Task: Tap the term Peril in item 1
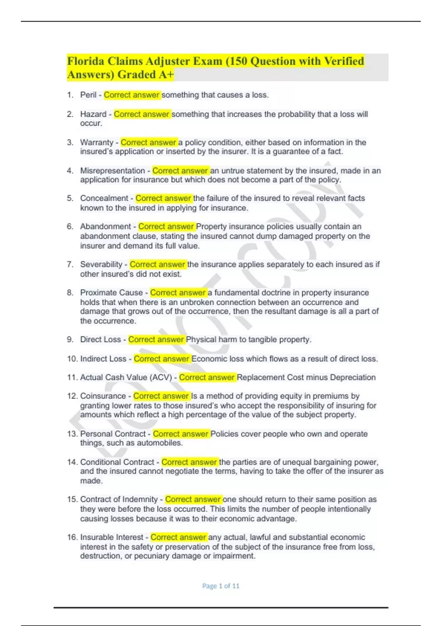(x=88, y=95)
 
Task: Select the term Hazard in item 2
(x=93, y=114)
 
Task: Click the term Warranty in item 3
(x=97, y=143)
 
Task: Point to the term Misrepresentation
(x=113, y=171)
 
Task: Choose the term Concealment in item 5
(x=104, y=198)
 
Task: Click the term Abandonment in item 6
(x=105, y=226)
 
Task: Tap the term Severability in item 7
(x=101, y=264)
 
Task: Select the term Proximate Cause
(x=111, y=293)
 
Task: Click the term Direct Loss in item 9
(x=101, y=340)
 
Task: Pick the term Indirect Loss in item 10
(x=103, y=359)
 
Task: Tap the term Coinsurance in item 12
(x=103, y=396)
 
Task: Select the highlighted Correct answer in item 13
(x=181, y=434)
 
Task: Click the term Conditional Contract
(x=117, y=462)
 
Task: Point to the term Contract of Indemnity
(x=119, y=499)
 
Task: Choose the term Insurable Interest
(x=112, y=537)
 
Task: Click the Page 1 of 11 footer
(x=221, y=586)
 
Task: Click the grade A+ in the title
(x=166, y=75)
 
